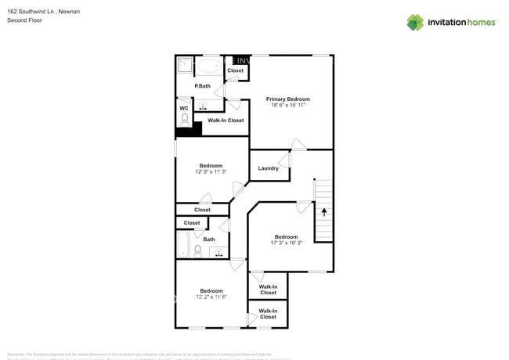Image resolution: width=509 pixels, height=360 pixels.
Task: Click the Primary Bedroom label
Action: pyautogui.click(x=287, y=99)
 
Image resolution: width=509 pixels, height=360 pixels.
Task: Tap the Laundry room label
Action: pyautogui.click(x=268, y=168)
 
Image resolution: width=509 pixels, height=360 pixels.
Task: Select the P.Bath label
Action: pyautogui.click(x=203, y=86)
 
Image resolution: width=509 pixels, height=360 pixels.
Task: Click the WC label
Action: pyautogui.click(x=184, y=108)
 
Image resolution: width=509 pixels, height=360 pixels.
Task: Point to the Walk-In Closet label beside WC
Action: pyautogui.click(x=226, y=121)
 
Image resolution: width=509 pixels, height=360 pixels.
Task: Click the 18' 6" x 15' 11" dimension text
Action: pyautogui.click(x=287, y=106)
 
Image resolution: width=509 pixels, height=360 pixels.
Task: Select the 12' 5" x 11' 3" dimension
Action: pyautogui.click(x=211, y=172)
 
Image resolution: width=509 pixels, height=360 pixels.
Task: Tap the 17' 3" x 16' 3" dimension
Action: pyautogui.click(x=286, y=243)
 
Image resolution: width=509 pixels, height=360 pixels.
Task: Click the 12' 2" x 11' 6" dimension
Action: pyautogui.click(x=211, y=297)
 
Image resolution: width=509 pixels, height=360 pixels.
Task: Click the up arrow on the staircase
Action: pyautogui.click(x=323, y=212)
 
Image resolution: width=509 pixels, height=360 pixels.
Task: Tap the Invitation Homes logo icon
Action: pyautogui.click(x=415, y=22)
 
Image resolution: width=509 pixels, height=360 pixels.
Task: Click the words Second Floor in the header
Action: pyautogui.click(x=24, y=20)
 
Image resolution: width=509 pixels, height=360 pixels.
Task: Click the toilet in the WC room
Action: pyautogui.click(x=185, y=120)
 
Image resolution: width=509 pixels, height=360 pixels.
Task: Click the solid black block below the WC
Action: pyautogui.click(x=189, y=129)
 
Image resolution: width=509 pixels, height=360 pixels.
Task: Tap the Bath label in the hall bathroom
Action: pyautogui.click(x=209, y=239)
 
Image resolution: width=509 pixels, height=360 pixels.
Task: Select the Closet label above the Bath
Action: pyautogui.click(x=192, y=223)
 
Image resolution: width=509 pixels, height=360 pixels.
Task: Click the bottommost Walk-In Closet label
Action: pyautogui.click(x=268, y=314)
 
